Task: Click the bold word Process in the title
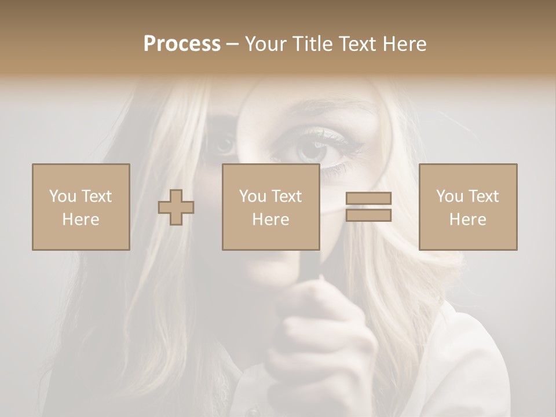point(182,44)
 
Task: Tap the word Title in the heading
point(313,44)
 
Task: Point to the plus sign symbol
point(176,207)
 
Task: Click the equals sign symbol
point(368,207)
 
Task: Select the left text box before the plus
point(81,207)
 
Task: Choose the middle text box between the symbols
point(270,207)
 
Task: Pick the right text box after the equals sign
point(467,207)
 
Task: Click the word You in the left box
point(63,196)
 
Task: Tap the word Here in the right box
point(467,220)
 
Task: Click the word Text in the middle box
point(287,196)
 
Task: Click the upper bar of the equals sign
point(368,198)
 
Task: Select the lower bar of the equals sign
point(368,215)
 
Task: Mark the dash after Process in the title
point(232,45)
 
